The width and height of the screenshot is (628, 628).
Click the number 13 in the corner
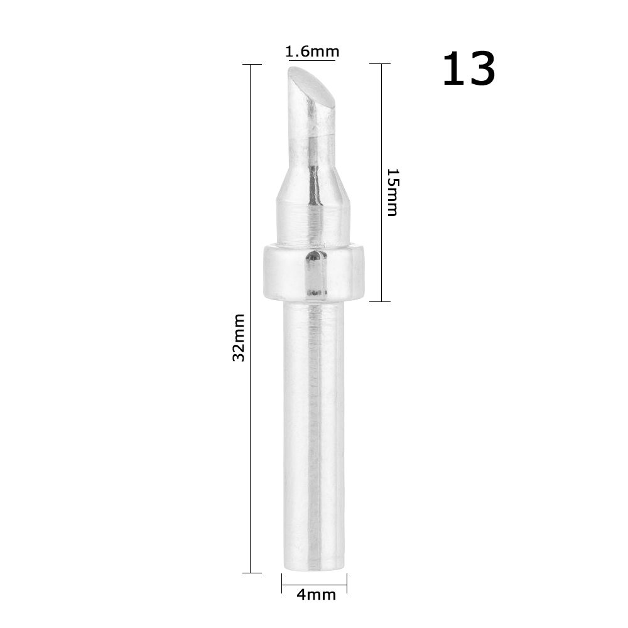coord(468,69)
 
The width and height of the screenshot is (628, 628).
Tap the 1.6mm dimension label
coord(312,51)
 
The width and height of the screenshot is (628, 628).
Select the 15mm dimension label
coord(391,192)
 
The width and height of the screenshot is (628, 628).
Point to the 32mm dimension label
coord(239,337)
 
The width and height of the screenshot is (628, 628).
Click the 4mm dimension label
coord(316,594)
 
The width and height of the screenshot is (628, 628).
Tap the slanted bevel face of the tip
coord(312,87)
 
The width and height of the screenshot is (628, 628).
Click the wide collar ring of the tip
coord(314,271)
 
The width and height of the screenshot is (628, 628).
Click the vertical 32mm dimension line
coord(251,440)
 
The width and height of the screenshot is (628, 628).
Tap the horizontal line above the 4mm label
coord(314,585)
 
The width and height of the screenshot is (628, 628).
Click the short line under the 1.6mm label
coord(312,61)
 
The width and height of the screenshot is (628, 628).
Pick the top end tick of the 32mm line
coord(251,64)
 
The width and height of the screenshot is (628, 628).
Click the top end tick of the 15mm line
coord(381,63)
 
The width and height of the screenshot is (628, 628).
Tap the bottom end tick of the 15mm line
coord(381,301)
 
